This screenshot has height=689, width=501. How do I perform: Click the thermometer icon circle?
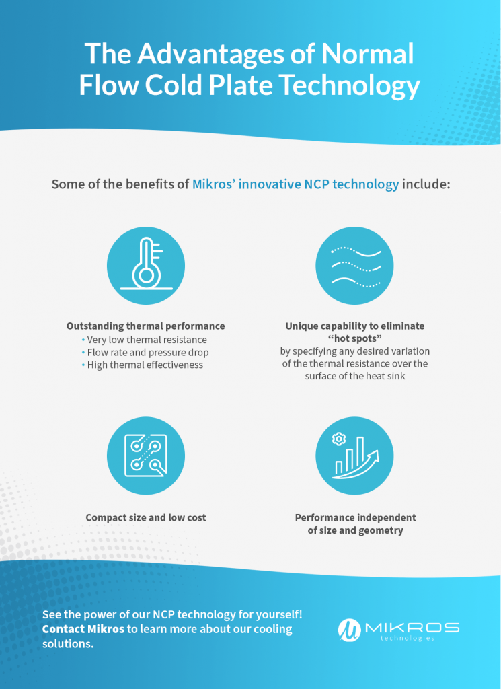[146, 266]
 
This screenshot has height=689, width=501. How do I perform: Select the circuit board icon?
[146, 456]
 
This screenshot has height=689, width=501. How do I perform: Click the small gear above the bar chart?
[339, 439]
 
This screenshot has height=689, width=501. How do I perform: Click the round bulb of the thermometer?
[146, 275]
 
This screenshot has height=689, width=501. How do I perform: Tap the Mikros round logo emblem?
[349, 630]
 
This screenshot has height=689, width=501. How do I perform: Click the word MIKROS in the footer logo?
[412, 628]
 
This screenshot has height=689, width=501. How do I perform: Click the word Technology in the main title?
[350, 86]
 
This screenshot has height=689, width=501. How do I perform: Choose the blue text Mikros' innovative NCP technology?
[295, 184]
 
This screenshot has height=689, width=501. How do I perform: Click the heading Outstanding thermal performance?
[146, 326]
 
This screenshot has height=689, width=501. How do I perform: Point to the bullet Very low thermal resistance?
[147, 340]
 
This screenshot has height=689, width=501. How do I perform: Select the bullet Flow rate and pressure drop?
[148, 353]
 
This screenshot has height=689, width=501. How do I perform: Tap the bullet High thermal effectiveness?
[145, 365]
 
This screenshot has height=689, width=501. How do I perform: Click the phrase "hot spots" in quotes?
[355, 339]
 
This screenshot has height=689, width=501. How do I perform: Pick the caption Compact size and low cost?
[146, 517]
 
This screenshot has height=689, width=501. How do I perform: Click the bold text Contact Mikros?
[83, 629]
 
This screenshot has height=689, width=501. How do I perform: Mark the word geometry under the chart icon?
[379, 531]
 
